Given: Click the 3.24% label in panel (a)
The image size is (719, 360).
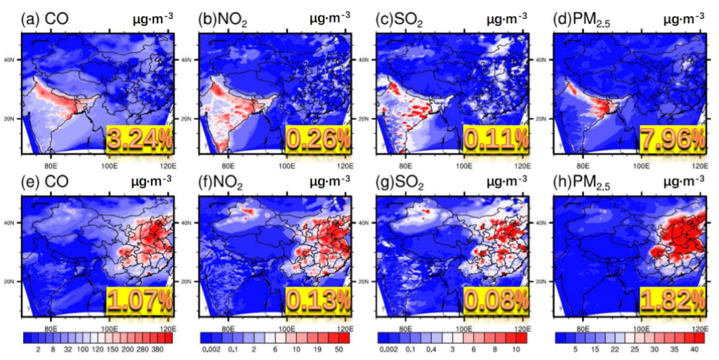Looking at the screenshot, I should tap(139, 140).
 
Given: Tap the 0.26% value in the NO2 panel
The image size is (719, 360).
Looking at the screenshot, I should tap(317, 140).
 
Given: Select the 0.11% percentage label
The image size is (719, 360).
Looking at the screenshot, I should tap(495, 140).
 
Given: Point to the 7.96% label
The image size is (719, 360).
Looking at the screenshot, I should tap(672, 140).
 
